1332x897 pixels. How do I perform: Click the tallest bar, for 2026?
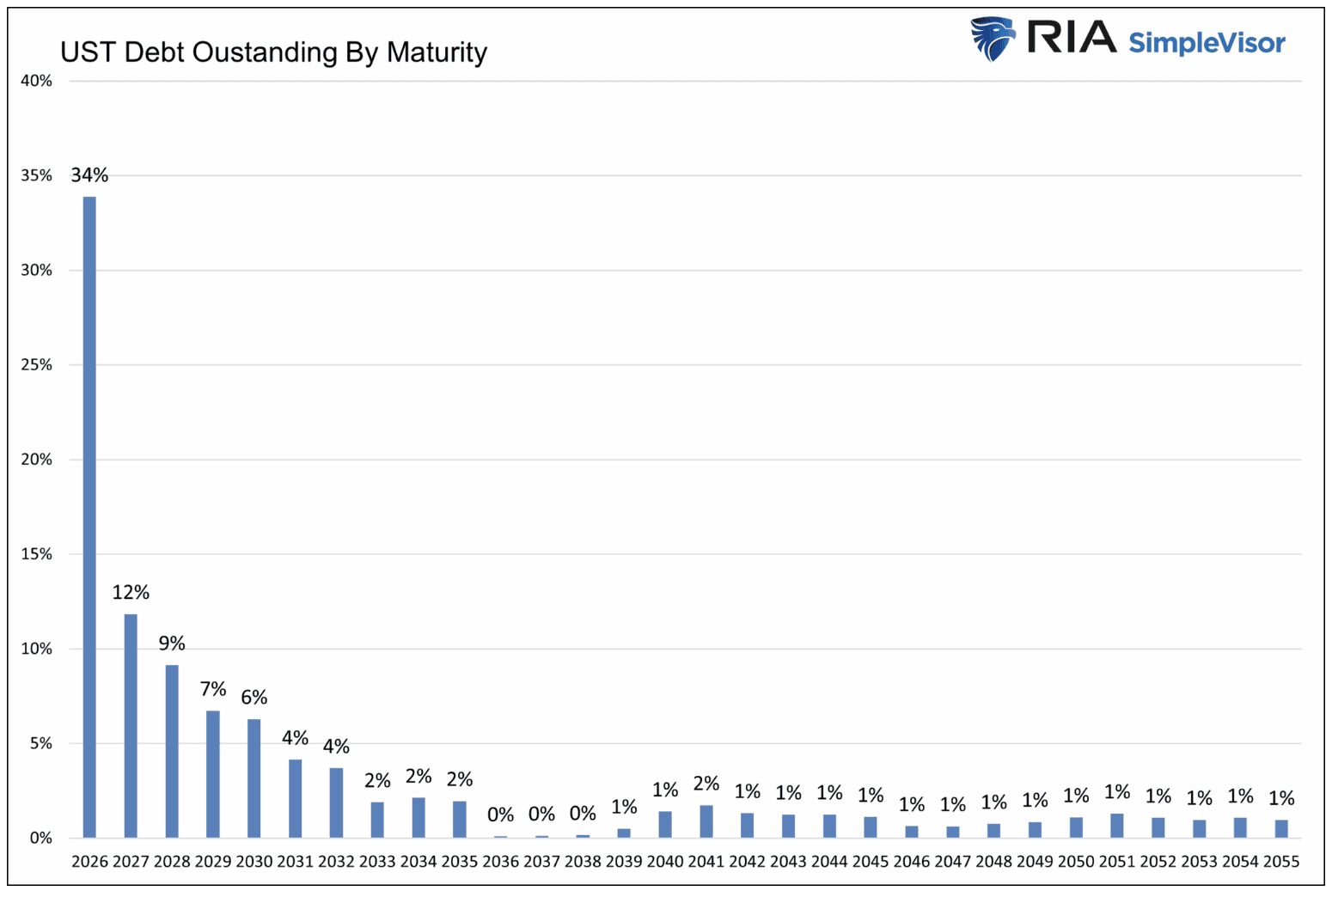coord(89,516)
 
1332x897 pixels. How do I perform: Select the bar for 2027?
coord(131,726)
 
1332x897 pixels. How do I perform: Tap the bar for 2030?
coord(254,778)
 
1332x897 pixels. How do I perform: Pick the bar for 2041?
coord(706,821)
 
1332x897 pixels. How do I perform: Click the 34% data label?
coord(89,175)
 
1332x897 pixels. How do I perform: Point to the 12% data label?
coord(131,592)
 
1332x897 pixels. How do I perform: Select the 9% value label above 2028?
coord(172,644)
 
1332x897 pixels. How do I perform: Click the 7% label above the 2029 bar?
coord(213,689)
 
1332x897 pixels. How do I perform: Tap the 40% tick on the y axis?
coord(36,81)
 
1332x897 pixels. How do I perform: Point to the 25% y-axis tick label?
coord(36,364)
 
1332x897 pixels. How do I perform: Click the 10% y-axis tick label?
coord(36,649)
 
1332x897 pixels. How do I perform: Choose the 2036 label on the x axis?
coord(501,862)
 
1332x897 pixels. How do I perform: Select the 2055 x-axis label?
coord(1281,862)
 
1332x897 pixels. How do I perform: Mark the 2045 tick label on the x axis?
coord(871,862)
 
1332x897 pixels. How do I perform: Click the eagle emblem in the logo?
coord(993,39)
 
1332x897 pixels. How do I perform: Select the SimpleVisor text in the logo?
coord(1207,42)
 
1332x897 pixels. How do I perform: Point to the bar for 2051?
coord(1117,826)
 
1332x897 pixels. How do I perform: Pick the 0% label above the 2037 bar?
coord(541,814)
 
